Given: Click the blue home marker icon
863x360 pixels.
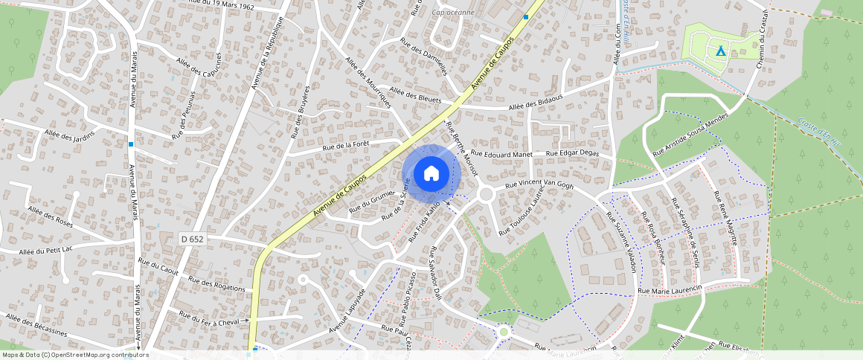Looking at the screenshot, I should pos(431,174).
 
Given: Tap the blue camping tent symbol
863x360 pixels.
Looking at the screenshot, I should pos(719,51).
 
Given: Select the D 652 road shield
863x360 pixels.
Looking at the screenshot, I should pos(191,239).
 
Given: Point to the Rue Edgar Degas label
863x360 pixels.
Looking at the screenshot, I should pos(573,153).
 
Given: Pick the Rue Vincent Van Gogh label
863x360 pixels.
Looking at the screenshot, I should pos(539,184).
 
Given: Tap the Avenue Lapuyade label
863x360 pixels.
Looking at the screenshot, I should pos(348,309).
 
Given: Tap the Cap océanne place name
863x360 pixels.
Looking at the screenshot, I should pos(454,22).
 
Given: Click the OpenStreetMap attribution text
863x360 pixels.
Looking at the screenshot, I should pos(75,355).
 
